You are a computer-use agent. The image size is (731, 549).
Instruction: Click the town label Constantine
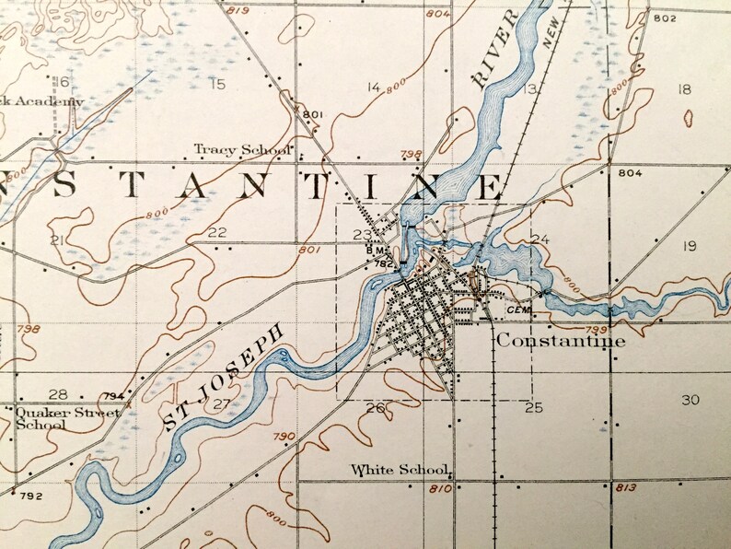point(561,341)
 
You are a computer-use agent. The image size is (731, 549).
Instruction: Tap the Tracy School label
point(242,149)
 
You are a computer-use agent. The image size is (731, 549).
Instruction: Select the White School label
point(400,470)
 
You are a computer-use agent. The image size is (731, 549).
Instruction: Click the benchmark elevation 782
point(383,263)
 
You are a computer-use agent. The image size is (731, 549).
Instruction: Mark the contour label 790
point(284,436)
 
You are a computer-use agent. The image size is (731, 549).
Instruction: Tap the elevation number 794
point(113,397)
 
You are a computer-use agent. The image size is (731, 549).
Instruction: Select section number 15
point(217,86)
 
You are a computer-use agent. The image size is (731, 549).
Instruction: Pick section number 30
point(690,400)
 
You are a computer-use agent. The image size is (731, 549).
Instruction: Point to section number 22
point(217,232)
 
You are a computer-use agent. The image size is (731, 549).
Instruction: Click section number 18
point(683,89)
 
